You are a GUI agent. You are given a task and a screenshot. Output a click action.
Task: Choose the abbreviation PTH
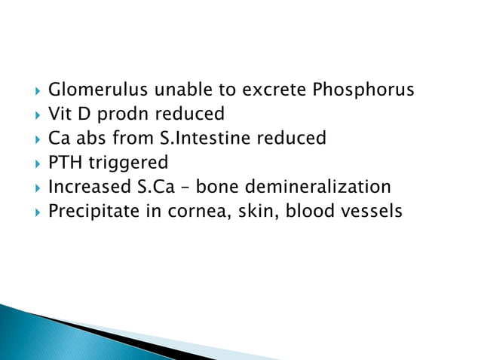click(x=65, y=163)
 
